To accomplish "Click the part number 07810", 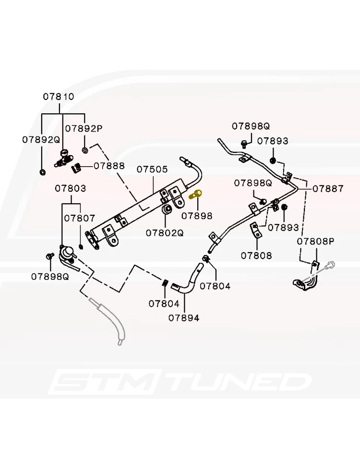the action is click(x=59, y=97).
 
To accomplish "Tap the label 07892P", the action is click(x=84, y=128).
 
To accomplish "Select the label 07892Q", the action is click(x=41, y=139).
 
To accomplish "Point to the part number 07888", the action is click(x=109, y=166).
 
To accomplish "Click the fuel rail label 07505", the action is click(x=152, y=169).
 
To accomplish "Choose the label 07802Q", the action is click(x=165, y=233).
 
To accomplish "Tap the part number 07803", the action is click(x=71, y=188).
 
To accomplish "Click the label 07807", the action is click(x=80, y=218).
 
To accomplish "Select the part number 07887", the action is click(x=328, y=188).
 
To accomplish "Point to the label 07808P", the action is click(x=316, y=241).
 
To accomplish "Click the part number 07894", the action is click(x=184, y=318).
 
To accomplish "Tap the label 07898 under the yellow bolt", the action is click(x=197, y=216).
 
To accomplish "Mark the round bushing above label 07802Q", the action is click(x=167, y=210).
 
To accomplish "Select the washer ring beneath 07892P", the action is click(x=85, y=150).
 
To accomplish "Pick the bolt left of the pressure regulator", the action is click(x=50, y=256).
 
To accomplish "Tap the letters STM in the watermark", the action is click(x=107, y=381).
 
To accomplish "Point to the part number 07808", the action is click(x=256, y=256).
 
